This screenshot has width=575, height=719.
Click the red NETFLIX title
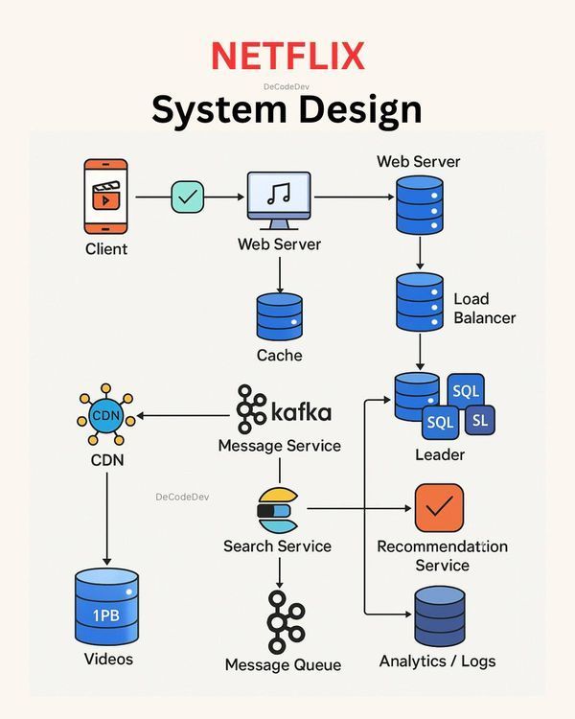[287, 56]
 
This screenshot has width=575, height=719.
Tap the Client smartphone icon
[106, 197]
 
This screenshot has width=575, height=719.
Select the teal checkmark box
[188, 197]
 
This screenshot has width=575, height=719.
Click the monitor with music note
[279, 201]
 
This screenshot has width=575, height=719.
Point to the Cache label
[279, 355]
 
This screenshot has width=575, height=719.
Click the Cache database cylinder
[279, 317]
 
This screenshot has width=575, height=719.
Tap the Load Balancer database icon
[420, 302]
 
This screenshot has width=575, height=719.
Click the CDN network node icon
[106, 415]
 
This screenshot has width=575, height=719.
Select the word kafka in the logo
[301, 411]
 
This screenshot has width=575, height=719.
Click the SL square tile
[480, 420]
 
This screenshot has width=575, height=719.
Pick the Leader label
[440, 454]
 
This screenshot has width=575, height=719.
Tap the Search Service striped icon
[278, 510]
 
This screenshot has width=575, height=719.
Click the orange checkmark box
[439, 507]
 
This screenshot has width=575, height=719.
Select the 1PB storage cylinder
[106, 606]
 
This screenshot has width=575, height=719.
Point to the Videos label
[108, 659]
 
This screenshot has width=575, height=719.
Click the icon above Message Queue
[287, 621]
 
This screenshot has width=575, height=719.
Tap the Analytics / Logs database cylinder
[440, 615]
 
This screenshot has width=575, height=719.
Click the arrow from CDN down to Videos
[106, 519]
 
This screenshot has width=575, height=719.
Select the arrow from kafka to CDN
[183, 416]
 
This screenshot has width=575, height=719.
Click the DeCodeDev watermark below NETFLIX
[287, 86]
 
